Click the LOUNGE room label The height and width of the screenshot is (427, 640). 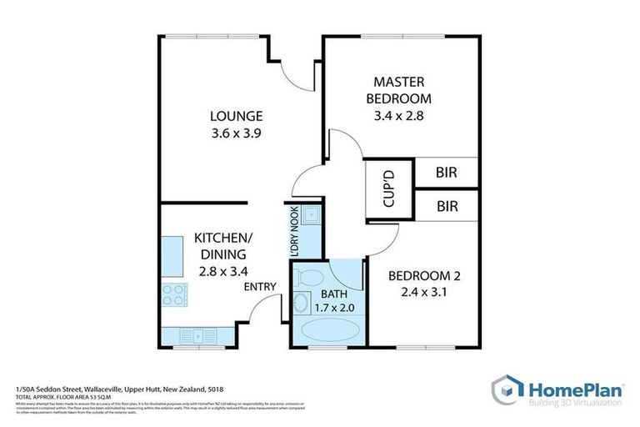(236, 116)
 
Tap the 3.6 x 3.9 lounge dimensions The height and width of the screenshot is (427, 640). (236, 133)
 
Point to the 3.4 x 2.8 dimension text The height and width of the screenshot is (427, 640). (399, 116)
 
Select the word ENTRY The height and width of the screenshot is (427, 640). (260, 287)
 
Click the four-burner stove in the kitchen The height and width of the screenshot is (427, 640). (173, 294)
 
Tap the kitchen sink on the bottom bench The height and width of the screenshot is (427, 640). (200, 336)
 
